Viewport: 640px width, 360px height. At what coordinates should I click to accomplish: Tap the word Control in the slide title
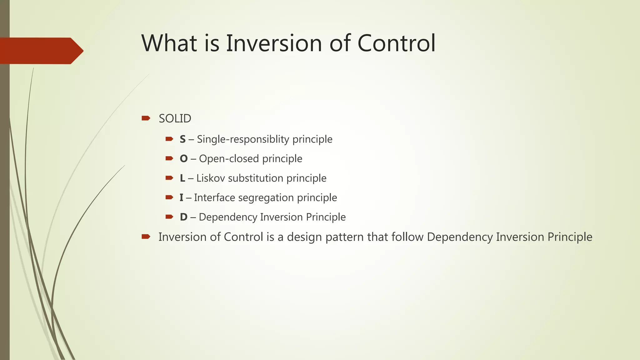coord(396,43)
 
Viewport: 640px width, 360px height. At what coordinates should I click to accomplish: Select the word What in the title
coord(169,43)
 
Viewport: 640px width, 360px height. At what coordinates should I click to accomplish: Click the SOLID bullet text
coord(175,119)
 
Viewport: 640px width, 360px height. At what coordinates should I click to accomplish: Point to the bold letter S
coord(183,139)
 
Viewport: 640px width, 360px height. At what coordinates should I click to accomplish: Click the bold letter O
coord(183,159)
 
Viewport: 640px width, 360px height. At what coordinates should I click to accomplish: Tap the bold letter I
coord(181,198)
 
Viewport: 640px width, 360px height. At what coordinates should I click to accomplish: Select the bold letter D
coord(183,217)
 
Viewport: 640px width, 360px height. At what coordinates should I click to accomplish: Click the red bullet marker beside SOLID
coord(146,118)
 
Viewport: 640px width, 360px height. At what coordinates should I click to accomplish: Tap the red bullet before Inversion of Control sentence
coord(146,237)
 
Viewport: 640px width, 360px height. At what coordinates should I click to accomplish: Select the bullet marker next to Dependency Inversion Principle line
coord(169,217)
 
